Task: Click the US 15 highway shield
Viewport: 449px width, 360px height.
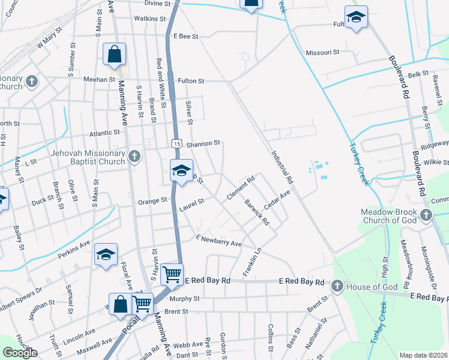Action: tap(176, 143)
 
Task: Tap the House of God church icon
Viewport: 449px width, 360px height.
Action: tap(337, 286)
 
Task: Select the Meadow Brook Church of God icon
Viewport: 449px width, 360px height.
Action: tap(426, 215)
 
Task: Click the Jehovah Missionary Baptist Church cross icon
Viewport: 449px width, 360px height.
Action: tap(134, 157)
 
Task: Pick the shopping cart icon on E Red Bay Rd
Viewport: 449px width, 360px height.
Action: tap(173, 275)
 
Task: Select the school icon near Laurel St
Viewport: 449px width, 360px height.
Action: tap(181, 170)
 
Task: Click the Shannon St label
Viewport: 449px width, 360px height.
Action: tap(204, 143)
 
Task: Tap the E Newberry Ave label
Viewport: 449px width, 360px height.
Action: tap(218, 241)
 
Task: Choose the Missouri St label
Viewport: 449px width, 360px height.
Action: tap(323, 52)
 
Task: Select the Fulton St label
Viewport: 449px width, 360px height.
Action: tap(191, 80)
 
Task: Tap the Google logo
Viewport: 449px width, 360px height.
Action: tap(20, 353)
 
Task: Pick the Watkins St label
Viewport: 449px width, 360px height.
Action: tap(149, 19)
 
